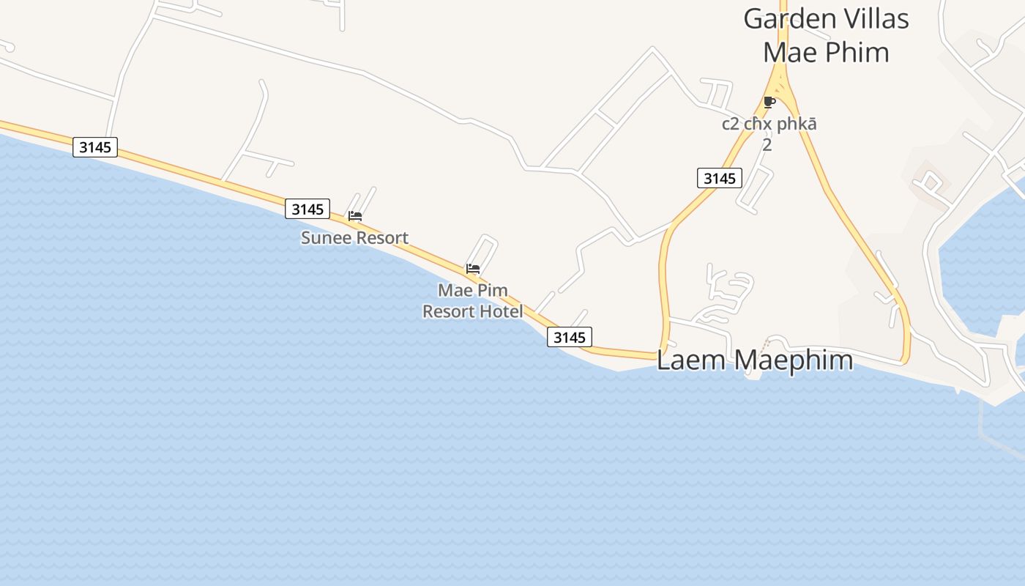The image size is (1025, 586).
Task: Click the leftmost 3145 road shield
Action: tap(95, 147)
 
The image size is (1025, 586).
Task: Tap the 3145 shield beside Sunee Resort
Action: tap(307, 209)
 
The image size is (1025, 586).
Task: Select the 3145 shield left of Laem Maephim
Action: tap(570, 337)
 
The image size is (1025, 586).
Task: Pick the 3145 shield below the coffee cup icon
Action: tap(719, 178)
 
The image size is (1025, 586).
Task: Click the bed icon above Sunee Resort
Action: tap(355, 216)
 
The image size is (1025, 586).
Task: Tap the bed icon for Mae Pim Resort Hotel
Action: tap(473, 269)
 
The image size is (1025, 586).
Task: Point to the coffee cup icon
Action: tap(769, 102)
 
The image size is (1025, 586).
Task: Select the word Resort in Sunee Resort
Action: tap(380, 238)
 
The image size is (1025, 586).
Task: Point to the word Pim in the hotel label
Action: tap(493, 291)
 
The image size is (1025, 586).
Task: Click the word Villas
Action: tap(876, 19)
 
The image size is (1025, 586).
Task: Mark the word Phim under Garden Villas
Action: tap(855, 53)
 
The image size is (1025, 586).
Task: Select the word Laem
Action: tap(690, 360)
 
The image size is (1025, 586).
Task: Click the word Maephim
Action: tap(793, 360)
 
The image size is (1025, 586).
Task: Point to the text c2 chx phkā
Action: tap(769, 124)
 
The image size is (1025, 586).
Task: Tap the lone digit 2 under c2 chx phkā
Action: tap(767, 145)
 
